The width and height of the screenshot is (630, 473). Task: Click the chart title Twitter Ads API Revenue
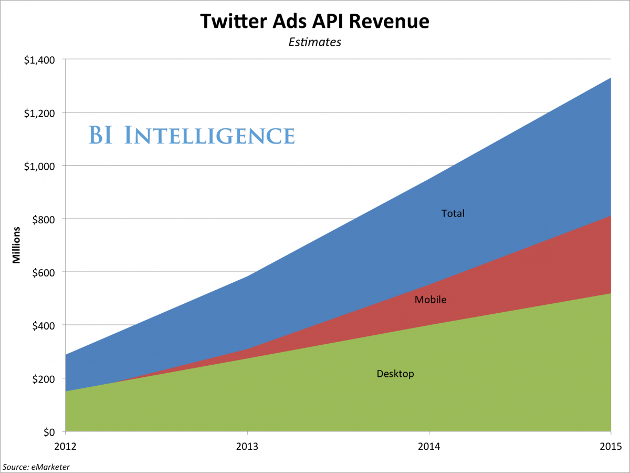pos(315,22)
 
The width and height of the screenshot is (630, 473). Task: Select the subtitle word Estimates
pos(315,42)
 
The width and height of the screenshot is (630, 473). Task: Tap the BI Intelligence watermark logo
pos(191,135)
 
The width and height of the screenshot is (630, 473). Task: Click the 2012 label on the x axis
pos(65,446)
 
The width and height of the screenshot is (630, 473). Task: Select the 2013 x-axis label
pos(247,446)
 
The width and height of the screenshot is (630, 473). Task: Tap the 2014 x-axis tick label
pos(429,446)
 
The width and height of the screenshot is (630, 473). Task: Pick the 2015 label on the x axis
pos(611,446)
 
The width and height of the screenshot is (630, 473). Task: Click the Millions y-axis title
pos(17,245)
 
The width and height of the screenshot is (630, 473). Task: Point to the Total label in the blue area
pos(453,213)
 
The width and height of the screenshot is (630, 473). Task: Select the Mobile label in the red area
pos(430,300)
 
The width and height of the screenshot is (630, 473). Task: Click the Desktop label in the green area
pos(395,374)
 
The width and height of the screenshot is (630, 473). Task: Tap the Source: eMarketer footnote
pos(36,466)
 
